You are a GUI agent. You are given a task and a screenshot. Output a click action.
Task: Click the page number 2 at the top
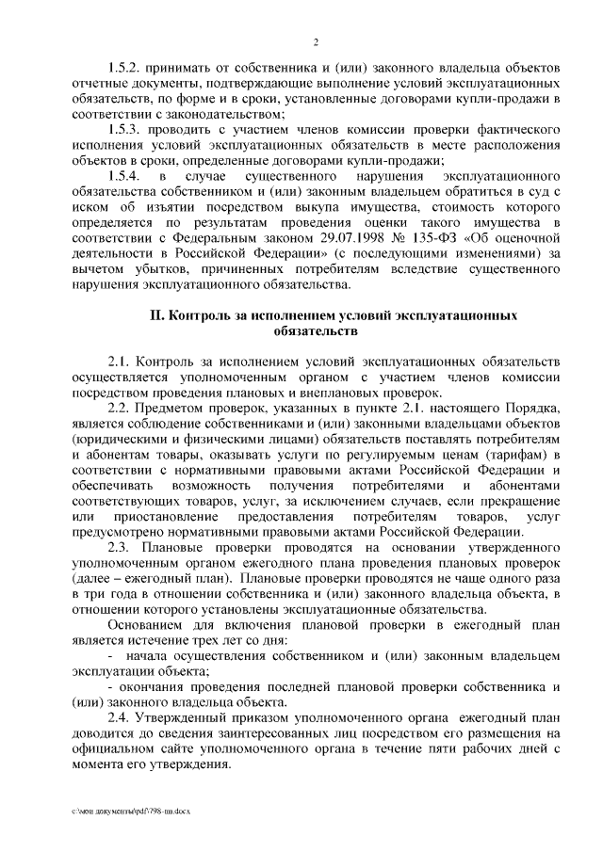pyautogui.click(x=315, y=41)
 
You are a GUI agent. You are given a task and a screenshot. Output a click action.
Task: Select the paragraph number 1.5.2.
pyautogui.click(x=123, y=70)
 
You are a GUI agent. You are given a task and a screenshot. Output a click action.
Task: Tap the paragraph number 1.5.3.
pyautogui.click(x=123, y=129)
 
